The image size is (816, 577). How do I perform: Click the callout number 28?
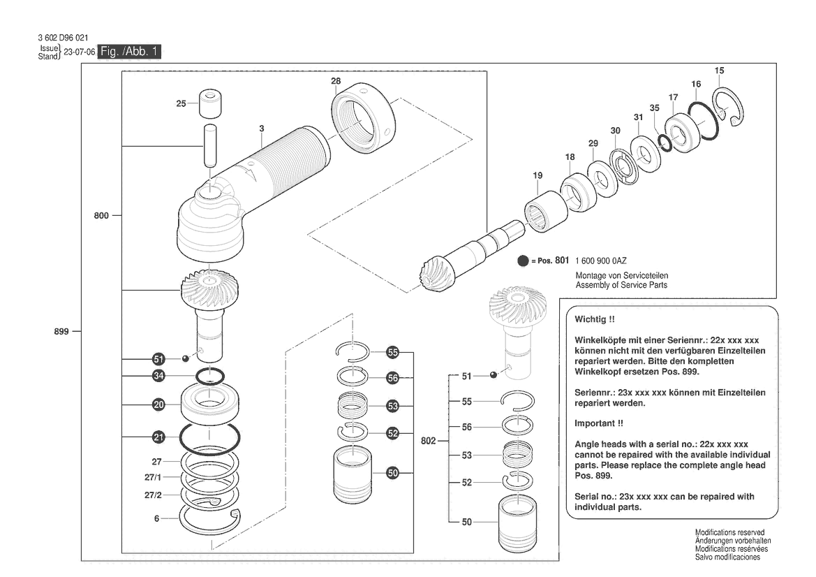[x=336, y=82]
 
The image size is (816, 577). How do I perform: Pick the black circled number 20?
[x=159, y=404]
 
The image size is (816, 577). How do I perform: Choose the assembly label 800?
[x=101, y=216]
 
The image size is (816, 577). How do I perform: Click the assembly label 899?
[x=61, y=332]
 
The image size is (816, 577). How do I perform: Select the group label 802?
[x=429, y=441]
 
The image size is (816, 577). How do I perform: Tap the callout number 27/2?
[x=152, y=495]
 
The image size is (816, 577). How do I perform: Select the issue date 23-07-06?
[x=79, y=52]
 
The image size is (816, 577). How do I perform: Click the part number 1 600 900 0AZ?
[x=601, y=261]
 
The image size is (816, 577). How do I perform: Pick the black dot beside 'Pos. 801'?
[x=523, y=261]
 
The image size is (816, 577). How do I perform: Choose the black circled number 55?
[x=394, y=352]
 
